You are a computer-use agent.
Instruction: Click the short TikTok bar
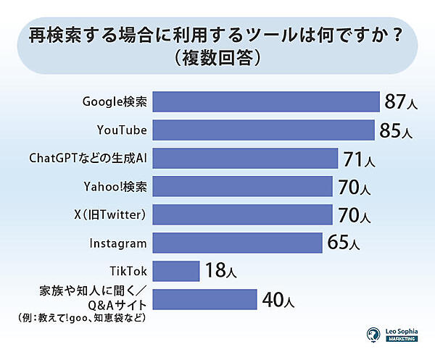[x=176, y=271]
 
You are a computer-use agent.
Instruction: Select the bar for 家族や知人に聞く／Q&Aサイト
[x=205, y=299]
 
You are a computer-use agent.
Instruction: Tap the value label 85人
[x=395, y=131]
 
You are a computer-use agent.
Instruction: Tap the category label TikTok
[x=128, y=271]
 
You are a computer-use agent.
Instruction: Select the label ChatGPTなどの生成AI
[x=87, y=158]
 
